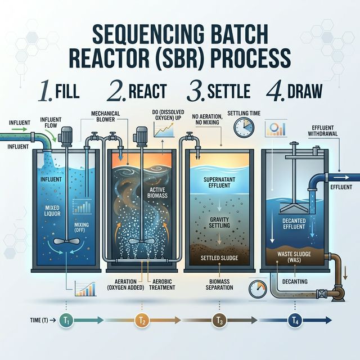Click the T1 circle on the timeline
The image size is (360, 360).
66,321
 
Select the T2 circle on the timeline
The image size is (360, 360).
142,321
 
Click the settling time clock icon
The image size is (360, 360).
244,127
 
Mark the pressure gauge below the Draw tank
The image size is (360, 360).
256,287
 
